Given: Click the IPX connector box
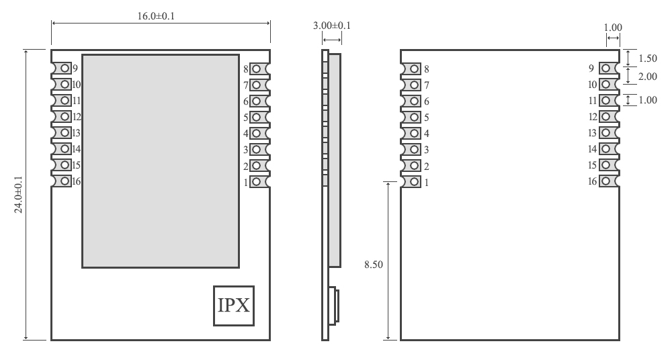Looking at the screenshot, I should pyautogui.click(x=233, y=306).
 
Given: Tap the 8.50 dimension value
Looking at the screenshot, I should pyautogui.click(x=373, y=265).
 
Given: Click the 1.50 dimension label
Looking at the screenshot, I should pyautogui.click(x=647, y=58).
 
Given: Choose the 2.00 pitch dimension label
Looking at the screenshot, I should pyautogui.click(x=647, y=77).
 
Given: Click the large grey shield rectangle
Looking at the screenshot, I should pyautogui.click(x=161, y=161).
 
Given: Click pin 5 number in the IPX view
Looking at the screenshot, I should pyautogui.click(x=246, y=117).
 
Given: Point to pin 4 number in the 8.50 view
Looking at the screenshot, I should pyautogui.click(x=426, y=133).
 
